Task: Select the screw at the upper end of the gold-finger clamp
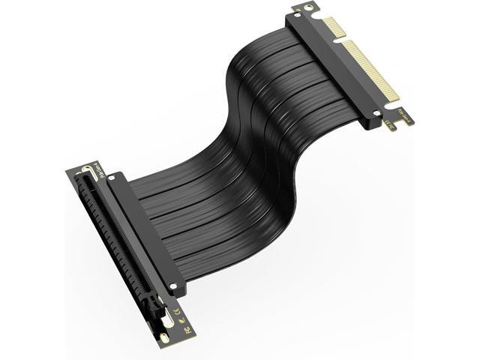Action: point(292,16)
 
